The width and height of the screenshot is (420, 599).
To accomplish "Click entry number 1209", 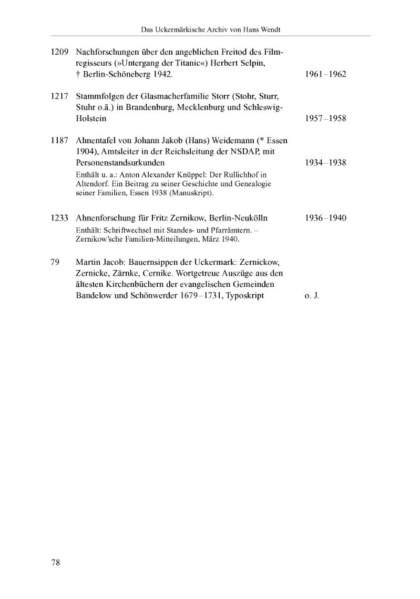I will click(x=60, y=52).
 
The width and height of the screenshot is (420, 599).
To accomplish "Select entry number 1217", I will click(x=60, y=96).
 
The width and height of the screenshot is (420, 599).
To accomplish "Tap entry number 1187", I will click(x=60, y=141).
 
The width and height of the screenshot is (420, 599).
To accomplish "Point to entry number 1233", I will click(x=60, y=218).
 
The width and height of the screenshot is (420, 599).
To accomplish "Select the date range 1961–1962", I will click(x=325, y=74).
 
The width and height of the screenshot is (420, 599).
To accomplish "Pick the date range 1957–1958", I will click(x=325, y=118).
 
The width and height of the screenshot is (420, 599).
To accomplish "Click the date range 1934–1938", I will click(x=325, y=163).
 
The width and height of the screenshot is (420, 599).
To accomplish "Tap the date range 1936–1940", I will click(x=325, y=218).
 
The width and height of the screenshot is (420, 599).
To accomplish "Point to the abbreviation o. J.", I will click(x=312, y=296).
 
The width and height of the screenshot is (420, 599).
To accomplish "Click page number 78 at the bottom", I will click(x=56, y=563).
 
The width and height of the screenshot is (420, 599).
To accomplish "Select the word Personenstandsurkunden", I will click(x=120, y=163).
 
